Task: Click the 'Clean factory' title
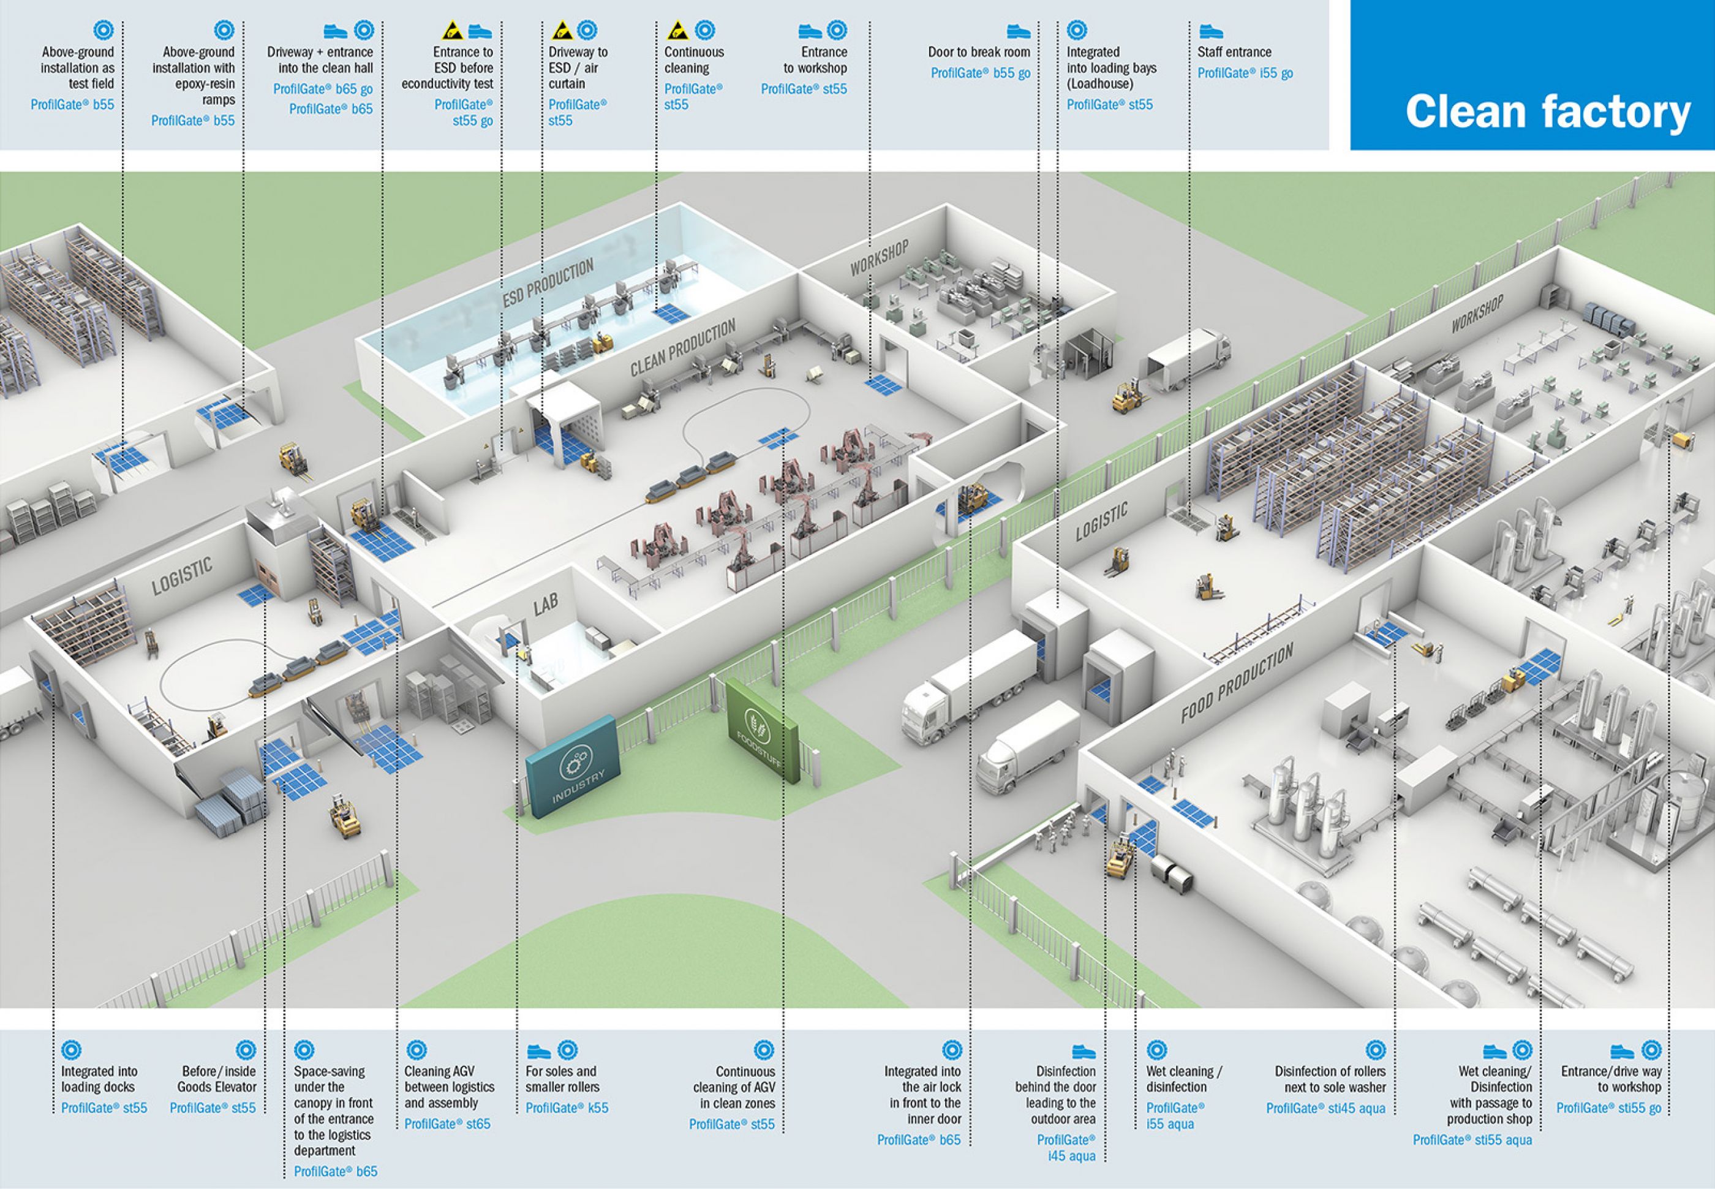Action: [x=1547, y=111]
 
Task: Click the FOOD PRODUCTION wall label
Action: [x=1237, y=683]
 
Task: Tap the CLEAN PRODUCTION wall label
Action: [x=682, y=347]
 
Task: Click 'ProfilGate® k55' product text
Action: [x=567, y=1108]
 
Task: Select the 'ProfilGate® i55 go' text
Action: [x=1245, y=73]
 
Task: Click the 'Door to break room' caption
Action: [x=979, y=52]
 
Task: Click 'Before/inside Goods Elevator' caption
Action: [x=217, y=1079]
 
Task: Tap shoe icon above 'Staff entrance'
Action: [x=1210, y=31]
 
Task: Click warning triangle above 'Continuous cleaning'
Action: [x=676, y=31]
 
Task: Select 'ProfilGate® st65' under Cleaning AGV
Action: [x=447, y=1123]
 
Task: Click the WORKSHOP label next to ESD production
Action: [x=879, y=258]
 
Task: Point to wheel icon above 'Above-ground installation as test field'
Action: [x=104, y=30]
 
